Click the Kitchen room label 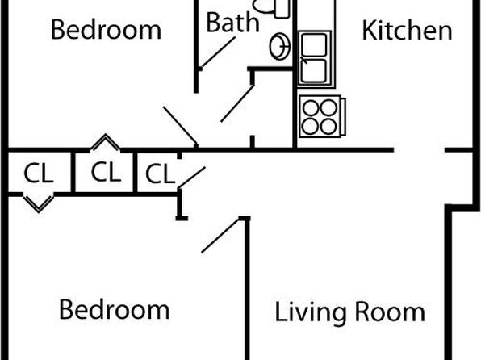[x=407, y=31]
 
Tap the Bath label [x=232, y=22]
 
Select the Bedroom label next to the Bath [x=106, y=30]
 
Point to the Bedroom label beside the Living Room [x=114, y=309]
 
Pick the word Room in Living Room [x=390, y=312]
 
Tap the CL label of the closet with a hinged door [x=160, y=174]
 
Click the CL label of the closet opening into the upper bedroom [x=106, y=172]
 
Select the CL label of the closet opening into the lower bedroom [x=39, y=173]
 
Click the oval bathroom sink [x=279, y=46]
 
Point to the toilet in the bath [x=270, y=6]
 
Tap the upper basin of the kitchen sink [x=314, y=45]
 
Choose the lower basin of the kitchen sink [x=314, y=71]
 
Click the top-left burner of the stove [x=311, y=108]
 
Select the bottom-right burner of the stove [x=328, y=127]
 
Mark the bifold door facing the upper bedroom [x=105, y=142]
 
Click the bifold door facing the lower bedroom [x=39, y=203]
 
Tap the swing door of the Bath [x=218, y=52]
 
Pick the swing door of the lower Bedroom [x=221, y=235]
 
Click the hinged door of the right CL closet [x=191, y=178]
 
